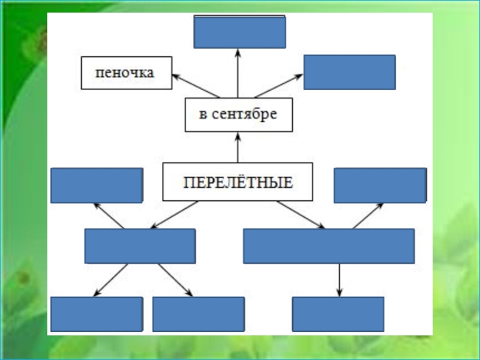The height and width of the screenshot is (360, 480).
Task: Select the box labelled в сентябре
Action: click(238, 115)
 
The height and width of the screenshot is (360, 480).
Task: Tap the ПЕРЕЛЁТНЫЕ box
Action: click(238, 182)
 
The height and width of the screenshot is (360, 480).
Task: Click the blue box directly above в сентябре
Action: click(239, 32)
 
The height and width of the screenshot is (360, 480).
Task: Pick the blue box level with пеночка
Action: click(349, 72)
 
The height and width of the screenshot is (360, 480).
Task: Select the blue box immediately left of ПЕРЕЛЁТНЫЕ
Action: click(97, 185)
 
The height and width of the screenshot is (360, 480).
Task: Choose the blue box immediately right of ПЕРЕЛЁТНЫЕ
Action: click(380, 185)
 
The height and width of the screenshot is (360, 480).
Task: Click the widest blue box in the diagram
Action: click(328, 246)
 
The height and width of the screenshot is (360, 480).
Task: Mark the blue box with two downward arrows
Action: click(140, 246)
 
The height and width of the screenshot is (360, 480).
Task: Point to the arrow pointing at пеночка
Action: click(195, 86)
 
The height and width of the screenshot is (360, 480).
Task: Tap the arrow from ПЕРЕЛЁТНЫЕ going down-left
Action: click(174, 215)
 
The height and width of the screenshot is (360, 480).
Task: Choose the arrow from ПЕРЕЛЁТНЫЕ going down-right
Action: click(300, 215)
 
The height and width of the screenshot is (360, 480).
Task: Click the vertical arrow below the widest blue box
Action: click(340, 280)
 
